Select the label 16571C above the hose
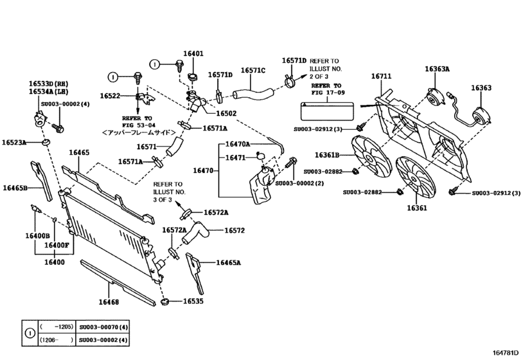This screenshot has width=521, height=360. (x=252, y=71)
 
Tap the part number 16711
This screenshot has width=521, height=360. (x=381, y=76)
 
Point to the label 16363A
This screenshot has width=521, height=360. (x=437, y=69)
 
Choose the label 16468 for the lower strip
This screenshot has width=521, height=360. (x=109, y=301)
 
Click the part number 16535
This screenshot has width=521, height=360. (x=193, y=300)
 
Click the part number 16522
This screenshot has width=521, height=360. (x=110, y=96)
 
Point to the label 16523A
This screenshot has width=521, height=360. (x=14, y=142)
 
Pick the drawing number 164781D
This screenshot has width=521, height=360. (x=502, y=352)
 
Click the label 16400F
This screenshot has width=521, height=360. (x=57, y=245)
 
